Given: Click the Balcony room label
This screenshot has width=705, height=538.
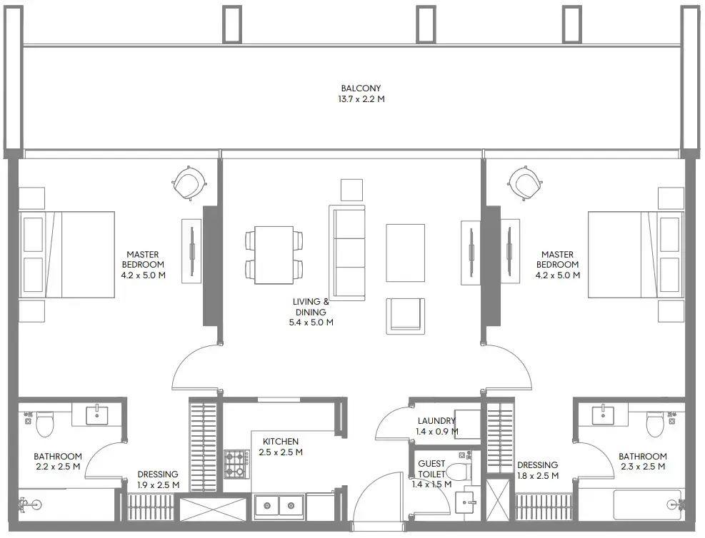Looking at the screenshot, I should (361, 88).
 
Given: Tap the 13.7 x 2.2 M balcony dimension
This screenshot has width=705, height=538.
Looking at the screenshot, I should (361, 100).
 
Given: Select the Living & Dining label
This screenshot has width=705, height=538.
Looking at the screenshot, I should (310, 307).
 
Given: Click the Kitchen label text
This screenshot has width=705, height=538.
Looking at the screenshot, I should (280, 442).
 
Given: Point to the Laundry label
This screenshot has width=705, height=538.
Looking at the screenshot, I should (436, 421).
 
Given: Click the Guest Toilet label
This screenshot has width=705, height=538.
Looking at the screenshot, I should (431, 469).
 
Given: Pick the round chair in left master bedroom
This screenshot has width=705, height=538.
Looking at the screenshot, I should (189, 183).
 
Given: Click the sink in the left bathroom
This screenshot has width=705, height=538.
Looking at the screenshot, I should (97, 415).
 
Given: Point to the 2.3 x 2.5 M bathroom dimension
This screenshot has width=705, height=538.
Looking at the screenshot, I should (642, 467).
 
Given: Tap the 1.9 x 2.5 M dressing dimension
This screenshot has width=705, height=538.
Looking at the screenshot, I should (158, 485).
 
